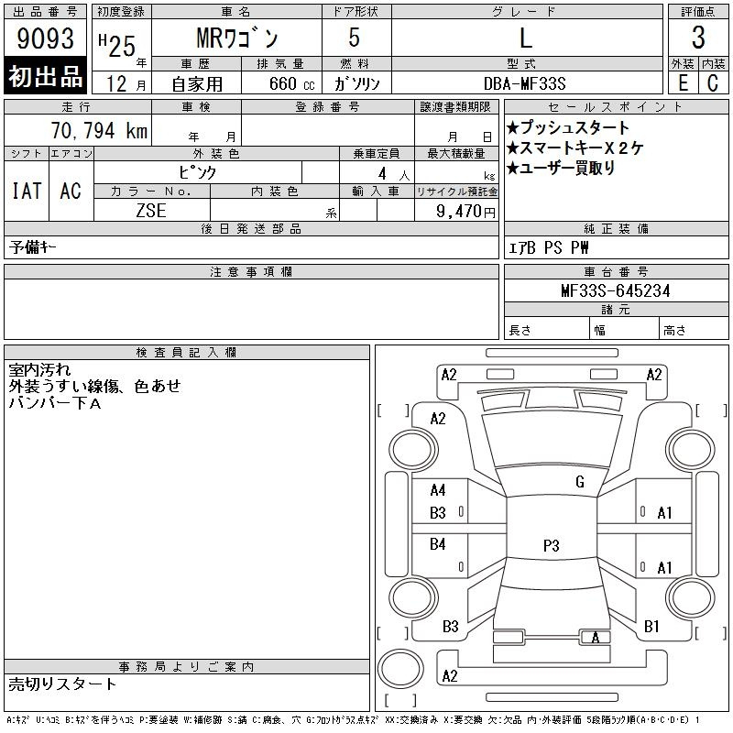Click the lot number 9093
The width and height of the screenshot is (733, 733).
point(47,39)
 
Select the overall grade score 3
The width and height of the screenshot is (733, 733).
point(698,39)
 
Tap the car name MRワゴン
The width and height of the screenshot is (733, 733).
point(235,39)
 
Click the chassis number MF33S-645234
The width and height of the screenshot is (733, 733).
point(615,290)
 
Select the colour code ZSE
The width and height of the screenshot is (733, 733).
point(150,210)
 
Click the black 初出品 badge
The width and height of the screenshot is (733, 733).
point(46,77)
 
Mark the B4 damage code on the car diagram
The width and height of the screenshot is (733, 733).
point(438,544)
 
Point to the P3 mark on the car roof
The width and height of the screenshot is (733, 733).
point(551,545)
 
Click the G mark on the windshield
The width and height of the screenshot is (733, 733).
point(580,482)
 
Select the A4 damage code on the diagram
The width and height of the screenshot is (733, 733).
point(438,490)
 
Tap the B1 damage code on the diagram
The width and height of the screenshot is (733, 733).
point(652,627)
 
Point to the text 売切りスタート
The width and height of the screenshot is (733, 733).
point(63,684)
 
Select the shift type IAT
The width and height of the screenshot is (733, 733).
point(26,191)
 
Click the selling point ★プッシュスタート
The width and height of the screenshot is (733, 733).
point(568,127)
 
